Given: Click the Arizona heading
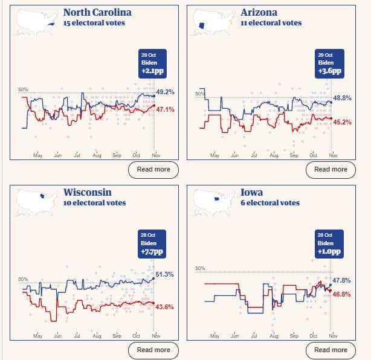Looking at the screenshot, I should point(259,13).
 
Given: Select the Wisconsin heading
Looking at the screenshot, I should point(87,193).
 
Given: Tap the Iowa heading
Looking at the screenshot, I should point(251,193).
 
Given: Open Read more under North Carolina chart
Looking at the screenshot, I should point(153,170).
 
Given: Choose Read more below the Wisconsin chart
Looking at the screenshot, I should point(153,350).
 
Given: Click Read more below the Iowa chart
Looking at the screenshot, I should point(331,350).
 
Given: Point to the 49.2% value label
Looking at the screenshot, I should point(165,92).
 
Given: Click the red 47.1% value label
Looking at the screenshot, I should point(165,110).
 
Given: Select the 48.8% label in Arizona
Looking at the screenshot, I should point(342,98).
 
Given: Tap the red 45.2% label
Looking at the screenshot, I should point(342,122).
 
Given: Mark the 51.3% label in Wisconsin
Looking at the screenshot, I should point(165,275).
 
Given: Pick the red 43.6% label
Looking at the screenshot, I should point(165,307).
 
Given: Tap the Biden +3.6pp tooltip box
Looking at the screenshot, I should point(330,63).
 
